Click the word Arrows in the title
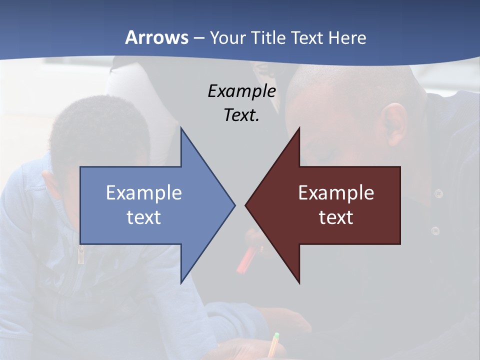click(156, 37)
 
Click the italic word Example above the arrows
click(242, 91)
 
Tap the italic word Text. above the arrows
click(242, 115)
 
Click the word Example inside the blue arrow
click(144, 193)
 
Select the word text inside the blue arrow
click(144, 217)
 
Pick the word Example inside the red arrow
click(336, 193)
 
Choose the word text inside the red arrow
click(336, 217)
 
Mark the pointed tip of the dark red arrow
click(246, 205)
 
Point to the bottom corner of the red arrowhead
click(299, 282)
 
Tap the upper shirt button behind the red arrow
click(438, 193)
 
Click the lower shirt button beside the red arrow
click(435, 230)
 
